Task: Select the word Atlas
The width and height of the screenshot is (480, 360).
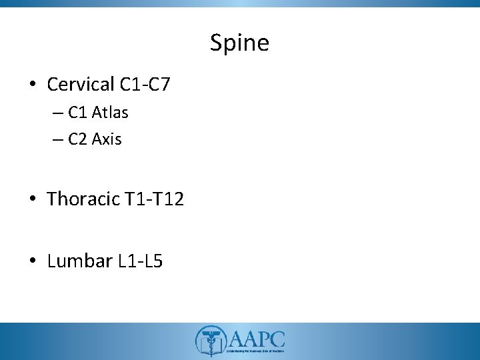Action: pyautogui.click(x=111, y=113)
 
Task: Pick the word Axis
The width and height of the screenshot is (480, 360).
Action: pyautogui.click(x=108, y=139)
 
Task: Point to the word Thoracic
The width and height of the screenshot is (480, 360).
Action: pyautogui.click(x=83, y=199)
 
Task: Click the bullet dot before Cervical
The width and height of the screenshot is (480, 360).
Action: pyautogui.click(x=33, y=85)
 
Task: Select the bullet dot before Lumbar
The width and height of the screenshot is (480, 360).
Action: pyautogui.click(x=33, y=261)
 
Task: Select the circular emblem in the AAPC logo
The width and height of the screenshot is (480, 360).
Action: pyautogui.click(x=209, y=340)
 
